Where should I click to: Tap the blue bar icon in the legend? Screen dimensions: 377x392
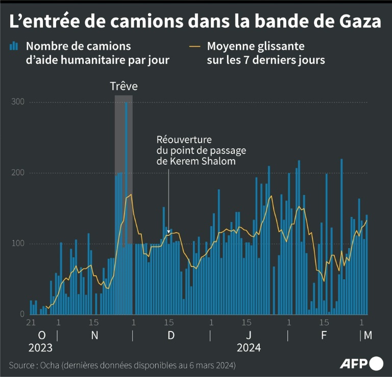tap(14, 47)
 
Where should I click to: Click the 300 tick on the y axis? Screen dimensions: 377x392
tap(18, 102)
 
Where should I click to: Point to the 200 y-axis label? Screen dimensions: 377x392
tap(18, 173)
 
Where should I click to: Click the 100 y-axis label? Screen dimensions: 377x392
tap(18, 243)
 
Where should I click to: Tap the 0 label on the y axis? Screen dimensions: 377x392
tap(22, 314)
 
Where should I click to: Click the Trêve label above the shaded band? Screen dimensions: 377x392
tap(124, 86)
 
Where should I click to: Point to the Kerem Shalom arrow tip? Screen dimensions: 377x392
tap(169, 234)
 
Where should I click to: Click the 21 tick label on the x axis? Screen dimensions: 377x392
tap(31, 323)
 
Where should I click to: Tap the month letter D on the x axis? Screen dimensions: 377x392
tap(171, 335)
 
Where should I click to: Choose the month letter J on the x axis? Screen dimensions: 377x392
tap(249, 335)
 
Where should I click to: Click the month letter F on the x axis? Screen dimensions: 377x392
tap(324, 335)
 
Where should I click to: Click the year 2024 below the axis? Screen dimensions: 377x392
tap(249, 348)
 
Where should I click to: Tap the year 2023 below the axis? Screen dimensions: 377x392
tap(40, 348)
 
